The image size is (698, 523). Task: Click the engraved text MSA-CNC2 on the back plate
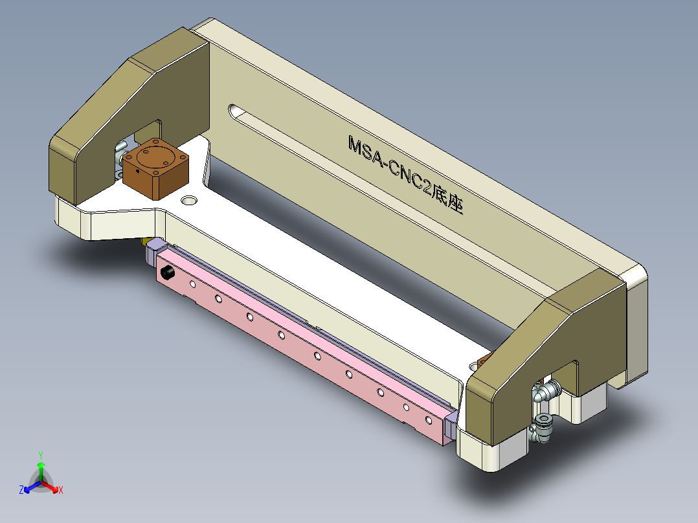[388, 165]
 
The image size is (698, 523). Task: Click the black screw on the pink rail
[168, 273]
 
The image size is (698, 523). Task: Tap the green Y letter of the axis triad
[40, 454]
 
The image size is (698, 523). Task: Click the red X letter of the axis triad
[61, 491]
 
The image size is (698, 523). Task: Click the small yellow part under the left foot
[144, 242]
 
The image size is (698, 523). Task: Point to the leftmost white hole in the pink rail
[192, 284]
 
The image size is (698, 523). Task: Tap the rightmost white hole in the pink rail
[428, 420]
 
